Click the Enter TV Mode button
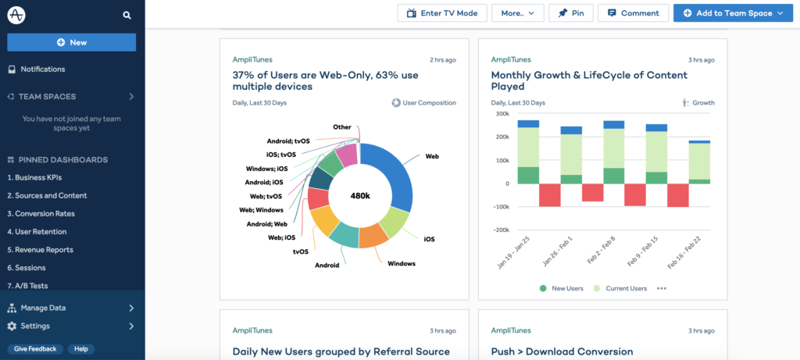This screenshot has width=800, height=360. coord(442,13)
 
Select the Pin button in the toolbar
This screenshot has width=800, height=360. coord(572,13)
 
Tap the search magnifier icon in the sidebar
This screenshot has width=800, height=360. coord(127,16)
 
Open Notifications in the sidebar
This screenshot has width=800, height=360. coord(42,70)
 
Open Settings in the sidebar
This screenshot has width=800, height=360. coord(35,326)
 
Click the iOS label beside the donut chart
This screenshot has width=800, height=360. coord(429,239)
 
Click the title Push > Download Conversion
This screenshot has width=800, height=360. coord(562,352)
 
